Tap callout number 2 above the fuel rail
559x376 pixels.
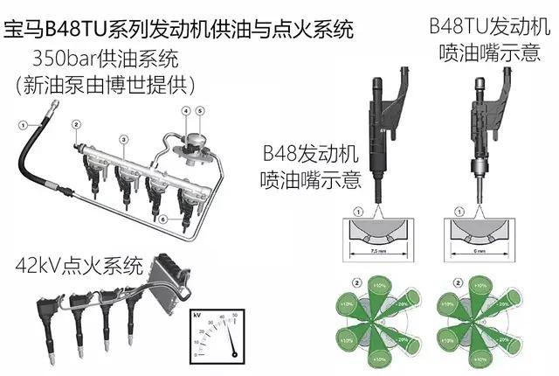pos(78,126)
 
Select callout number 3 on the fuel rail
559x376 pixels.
pos(125,139)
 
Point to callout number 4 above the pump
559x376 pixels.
pos(186,111)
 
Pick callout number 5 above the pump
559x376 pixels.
pos(199,111)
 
